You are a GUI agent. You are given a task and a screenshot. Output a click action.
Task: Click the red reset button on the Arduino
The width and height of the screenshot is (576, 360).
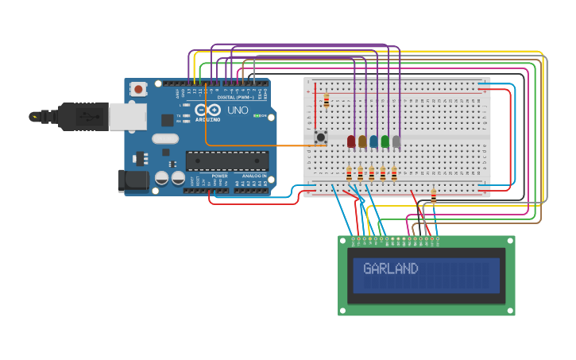pos(138,89)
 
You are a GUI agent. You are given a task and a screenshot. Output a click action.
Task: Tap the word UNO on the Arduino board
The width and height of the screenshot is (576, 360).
pos(238,110)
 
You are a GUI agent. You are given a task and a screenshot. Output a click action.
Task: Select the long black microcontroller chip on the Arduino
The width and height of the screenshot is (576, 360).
pos(226,161)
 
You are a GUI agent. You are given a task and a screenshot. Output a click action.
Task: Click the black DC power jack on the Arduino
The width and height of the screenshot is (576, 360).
pos(131,181)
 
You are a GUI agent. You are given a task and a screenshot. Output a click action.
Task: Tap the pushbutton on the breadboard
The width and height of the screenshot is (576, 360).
pos(321,137)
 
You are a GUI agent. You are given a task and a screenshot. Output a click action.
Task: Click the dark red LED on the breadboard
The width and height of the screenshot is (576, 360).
pos(351,141)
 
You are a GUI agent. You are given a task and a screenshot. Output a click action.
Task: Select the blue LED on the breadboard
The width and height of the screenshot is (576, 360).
pos(373,141)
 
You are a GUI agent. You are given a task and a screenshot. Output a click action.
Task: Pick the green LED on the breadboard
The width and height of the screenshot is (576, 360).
pos(385,141)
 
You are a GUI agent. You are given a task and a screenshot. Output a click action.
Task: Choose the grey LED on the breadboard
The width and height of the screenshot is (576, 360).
pos(396,141)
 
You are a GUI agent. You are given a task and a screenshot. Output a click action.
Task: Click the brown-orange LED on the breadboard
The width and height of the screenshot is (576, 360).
pos(362,141)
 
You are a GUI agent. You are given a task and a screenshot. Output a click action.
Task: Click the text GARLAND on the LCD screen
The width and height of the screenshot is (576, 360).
pos(390,269)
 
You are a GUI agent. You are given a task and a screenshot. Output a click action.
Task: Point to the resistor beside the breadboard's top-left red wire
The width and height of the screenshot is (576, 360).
pos(326,100)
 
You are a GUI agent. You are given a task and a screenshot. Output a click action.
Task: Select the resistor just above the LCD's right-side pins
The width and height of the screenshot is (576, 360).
pos(433,195)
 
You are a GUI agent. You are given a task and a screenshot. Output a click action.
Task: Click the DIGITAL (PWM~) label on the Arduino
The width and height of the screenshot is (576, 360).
pos(236,97)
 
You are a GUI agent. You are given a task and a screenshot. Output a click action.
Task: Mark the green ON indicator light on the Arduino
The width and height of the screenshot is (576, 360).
pos(256,116)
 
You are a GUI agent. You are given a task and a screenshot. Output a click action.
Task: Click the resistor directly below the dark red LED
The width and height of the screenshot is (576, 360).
pos(349,172)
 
